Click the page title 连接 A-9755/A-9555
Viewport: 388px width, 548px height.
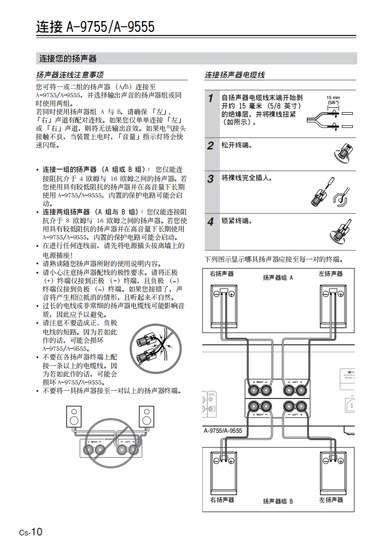coord(96,26)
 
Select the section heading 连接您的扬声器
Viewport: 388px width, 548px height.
coord(68,59)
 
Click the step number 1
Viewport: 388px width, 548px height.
coord(210,98)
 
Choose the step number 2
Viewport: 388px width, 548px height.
coord(210,146)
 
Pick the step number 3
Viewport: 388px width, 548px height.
coord(210,178)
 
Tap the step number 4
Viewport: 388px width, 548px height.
coord(210,222)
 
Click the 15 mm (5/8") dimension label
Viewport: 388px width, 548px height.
coord(333,100)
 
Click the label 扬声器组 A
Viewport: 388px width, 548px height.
coord(278,277)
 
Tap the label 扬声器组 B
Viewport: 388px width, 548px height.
coord(278,501)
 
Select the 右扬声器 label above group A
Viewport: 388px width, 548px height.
coord(222,274)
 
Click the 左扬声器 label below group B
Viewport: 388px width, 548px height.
coord(331,500)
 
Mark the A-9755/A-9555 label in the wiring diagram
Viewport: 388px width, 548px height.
coord(223,431)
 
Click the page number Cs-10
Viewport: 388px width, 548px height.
coord(31,532)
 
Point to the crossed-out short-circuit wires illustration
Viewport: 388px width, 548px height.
coord(155,347)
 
